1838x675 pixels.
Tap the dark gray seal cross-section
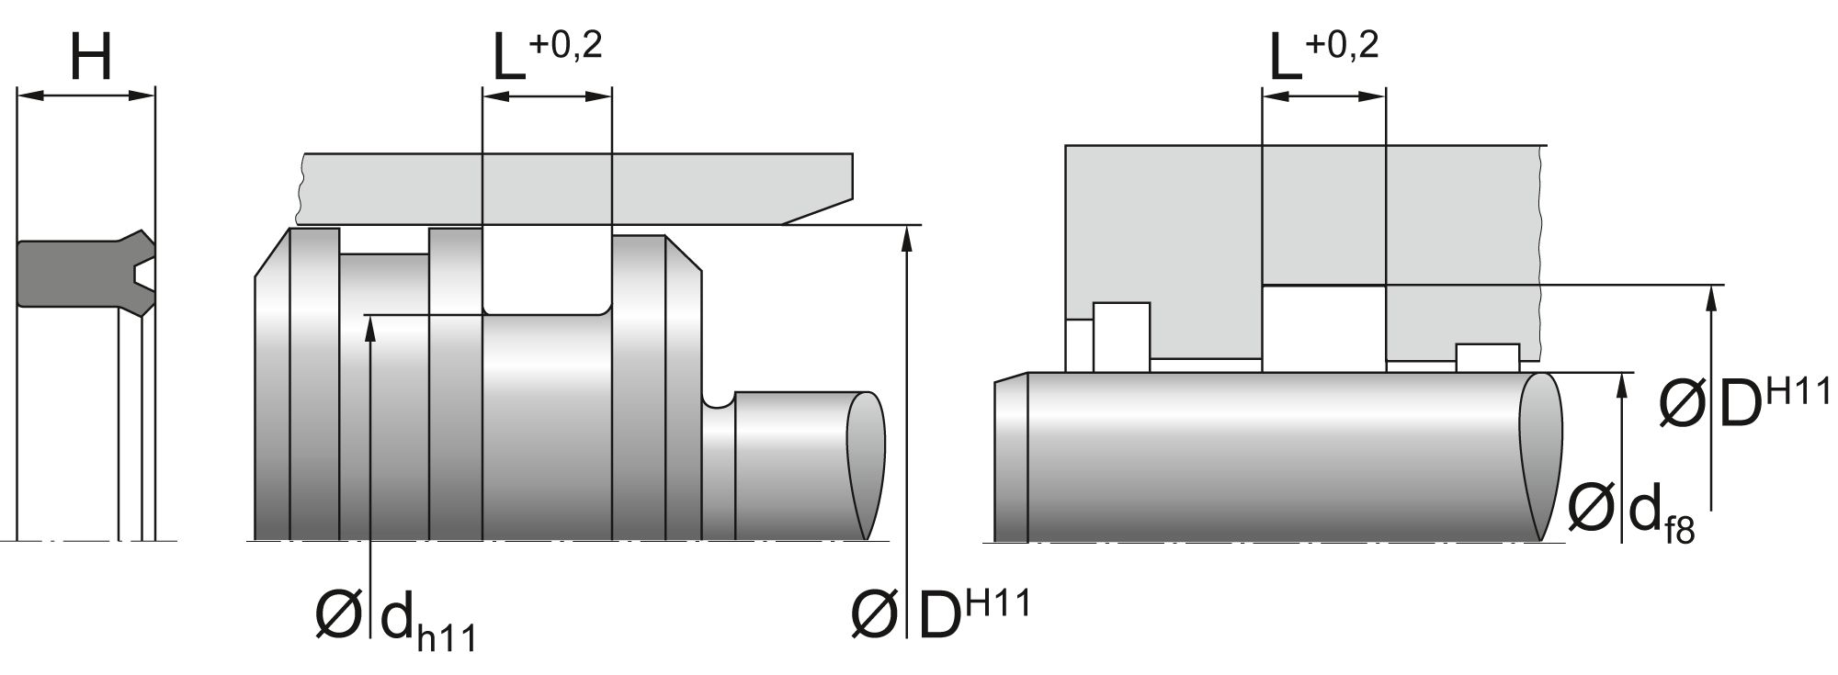tap(78, 274)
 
